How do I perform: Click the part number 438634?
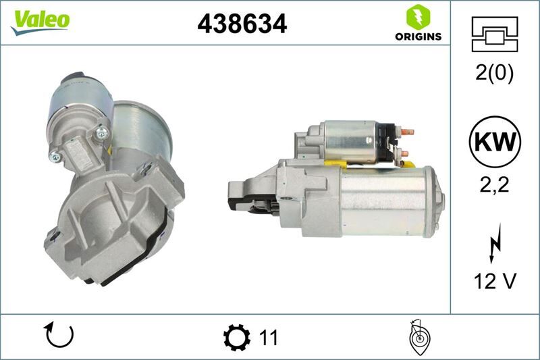pyautogui.click(x=242, y=24)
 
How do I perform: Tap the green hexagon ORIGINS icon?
pyautogui.click(x=418, y=17)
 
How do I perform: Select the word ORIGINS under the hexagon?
pyautogui.click(x=418, y=36)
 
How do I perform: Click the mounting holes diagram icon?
pyautogui.click(x=494, y=34)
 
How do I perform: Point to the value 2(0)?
pyautogui.click(x=494, y=73)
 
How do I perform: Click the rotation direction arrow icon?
pyautogui.click(x=58, y=336)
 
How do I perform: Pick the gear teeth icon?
pyautogui.click(x=236, y=336)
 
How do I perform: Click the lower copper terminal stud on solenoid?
pyautogui.click(x=404, y=153)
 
